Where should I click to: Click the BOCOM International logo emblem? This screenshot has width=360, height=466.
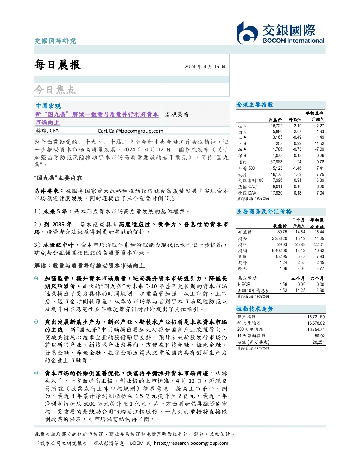[247, 33]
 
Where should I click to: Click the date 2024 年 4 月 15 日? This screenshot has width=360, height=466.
[205, 66]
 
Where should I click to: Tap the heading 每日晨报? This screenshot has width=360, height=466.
[58, 65]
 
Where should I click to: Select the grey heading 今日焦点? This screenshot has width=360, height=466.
[55, 89]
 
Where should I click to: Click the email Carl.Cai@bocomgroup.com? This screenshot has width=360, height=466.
[130, 131]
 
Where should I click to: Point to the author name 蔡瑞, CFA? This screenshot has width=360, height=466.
[47, 131]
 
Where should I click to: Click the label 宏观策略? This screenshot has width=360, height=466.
[177, 114]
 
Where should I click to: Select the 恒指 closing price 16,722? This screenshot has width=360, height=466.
[276, 126]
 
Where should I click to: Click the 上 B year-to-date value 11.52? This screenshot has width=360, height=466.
[319, 143]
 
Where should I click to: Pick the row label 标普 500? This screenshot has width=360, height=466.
[246, 168]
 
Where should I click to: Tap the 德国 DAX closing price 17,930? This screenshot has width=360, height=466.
[276, 193]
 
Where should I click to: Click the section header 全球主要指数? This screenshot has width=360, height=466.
[255, 104]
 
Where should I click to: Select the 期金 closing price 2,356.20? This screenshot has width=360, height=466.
[280, 238]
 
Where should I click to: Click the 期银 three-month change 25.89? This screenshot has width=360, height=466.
[300, 244]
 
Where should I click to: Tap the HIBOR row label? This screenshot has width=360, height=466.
[244, 284]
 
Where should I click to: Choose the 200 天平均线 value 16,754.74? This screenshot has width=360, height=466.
[316, 329]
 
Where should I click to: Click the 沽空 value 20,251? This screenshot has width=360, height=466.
[318, 342]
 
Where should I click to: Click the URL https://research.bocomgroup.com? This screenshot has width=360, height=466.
[191, 443]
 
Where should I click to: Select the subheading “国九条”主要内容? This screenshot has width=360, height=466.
[58, 178]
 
